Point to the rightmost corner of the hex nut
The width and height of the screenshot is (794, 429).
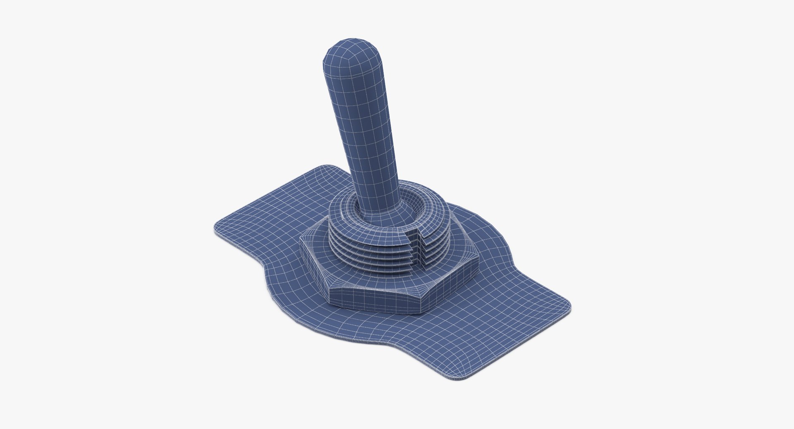point(478,258)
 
